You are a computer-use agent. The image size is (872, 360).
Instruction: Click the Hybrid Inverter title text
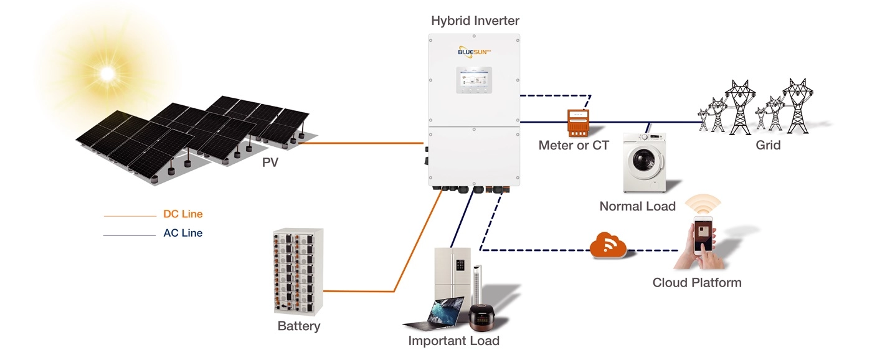coord(475,21)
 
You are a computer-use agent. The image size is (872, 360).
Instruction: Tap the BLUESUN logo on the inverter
coord(474,52)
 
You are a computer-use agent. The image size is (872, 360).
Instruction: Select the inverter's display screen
coord(474,80)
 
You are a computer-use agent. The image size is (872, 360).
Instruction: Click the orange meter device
coord(578,123)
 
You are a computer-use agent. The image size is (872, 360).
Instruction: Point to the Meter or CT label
coord(574,145)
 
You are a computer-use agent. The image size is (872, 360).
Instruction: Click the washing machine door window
coord(643,160)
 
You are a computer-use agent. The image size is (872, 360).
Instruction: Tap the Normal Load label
coord(637,206)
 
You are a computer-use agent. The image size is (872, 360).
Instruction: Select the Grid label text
coord(767,145)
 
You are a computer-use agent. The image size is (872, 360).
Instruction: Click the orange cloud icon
coord(607,245)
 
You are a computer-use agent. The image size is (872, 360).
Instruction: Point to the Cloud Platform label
coord(697,283)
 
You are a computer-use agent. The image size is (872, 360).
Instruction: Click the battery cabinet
coord(298,272)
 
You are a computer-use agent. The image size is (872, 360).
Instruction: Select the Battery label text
coord(298,326)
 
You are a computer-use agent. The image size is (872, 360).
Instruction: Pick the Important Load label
coord(453,341)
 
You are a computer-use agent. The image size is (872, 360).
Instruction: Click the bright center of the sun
coord(107,73)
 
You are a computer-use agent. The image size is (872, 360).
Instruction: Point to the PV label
coord(270,163)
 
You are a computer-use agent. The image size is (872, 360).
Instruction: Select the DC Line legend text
coord(183,214)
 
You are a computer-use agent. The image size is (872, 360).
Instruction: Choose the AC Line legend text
coord(183,233)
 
